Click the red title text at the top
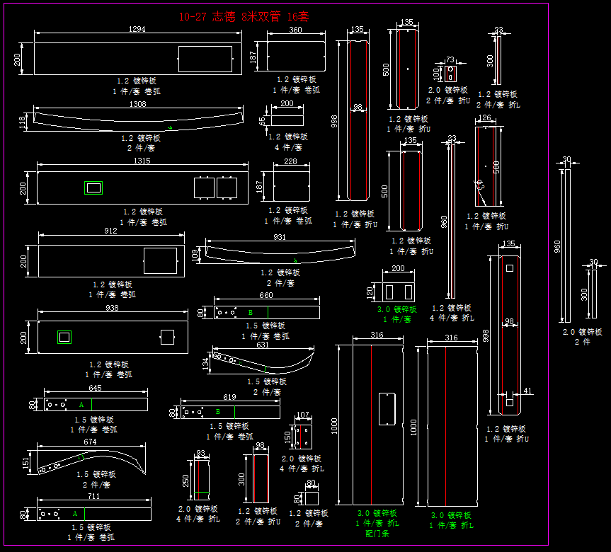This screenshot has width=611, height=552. click(244, 16)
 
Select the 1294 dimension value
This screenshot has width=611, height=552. click(137, 29)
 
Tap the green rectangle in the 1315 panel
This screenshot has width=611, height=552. click(93, 188)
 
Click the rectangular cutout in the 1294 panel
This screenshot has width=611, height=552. click(205, 58)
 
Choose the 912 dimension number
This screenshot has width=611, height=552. click(111, 231)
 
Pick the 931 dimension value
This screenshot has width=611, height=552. click(280, 237)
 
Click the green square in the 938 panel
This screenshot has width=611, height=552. click(64, 338)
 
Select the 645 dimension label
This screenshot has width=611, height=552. click(95, 388)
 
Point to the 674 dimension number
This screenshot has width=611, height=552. click(90, 442)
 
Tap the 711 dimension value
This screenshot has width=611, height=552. click(94, 496)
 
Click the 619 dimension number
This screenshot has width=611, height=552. click(229, 398)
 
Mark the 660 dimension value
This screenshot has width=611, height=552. click(266, 296)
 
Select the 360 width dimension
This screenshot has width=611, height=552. click(295, 30)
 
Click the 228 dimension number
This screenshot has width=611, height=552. click(291, 162)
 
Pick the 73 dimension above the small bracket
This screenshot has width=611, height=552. click(450, 59)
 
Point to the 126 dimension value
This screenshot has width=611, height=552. click(485, 118)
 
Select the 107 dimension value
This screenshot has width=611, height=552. click(303, 415)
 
